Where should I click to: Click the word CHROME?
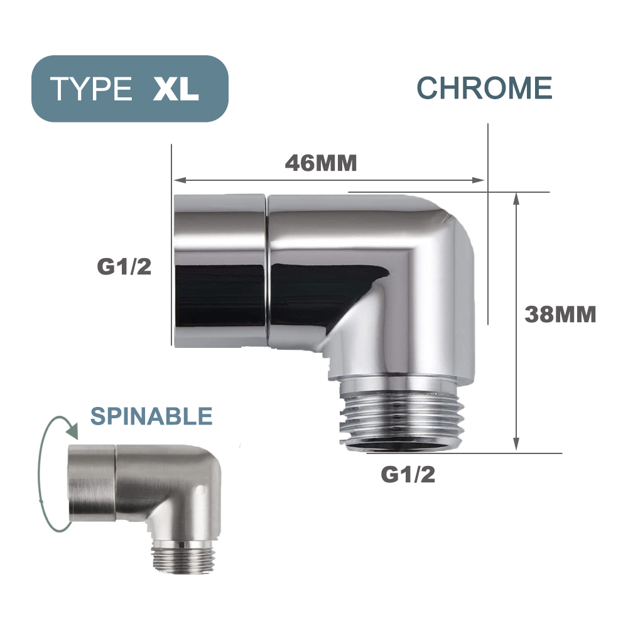tap(484, 88)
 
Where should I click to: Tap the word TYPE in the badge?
tap(91, 89)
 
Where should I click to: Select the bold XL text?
tap(176, 89)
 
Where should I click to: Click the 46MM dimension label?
tap(321, 163)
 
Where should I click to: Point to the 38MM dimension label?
tap(560, 314)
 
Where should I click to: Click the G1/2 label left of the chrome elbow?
tap(124, 267)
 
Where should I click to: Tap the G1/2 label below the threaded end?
tap(408, 475)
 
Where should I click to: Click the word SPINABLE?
tap(151, 416)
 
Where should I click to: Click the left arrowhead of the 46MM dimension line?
tap(178, 181)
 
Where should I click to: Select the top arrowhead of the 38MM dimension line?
tap(516, 197)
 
